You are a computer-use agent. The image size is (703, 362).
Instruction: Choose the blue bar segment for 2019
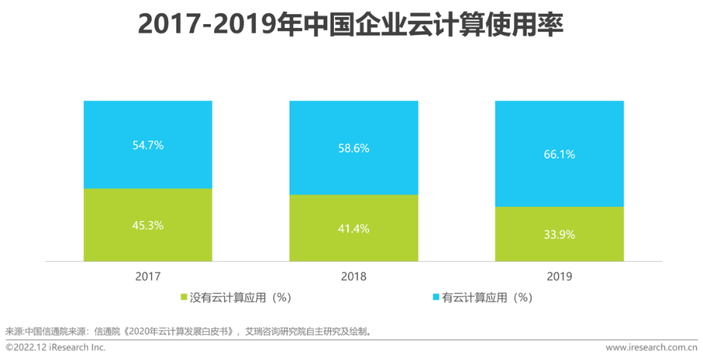[x=559, y=130]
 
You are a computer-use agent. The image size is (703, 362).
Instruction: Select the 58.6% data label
[x=353, y=148]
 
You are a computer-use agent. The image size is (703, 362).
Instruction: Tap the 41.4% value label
[x=353, y=228]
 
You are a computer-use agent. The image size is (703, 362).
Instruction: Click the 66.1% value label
[x=559, y=155]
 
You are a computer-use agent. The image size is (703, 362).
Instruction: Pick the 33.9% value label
[x=559, y=235]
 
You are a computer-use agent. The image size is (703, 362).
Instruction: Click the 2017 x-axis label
[x=148, y=277]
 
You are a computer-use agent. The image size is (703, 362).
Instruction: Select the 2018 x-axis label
[x=353, y=277]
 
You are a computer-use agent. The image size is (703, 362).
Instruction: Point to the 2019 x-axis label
[x=559, y=277]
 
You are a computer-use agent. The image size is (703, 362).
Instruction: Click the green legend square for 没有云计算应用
[x=184, y=298]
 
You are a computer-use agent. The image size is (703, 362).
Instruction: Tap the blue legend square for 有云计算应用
[x=435, y=298]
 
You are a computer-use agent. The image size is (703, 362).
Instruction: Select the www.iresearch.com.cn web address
[x=652, y=348]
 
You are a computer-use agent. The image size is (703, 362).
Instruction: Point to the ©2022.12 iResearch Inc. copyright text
[x=56, y=348]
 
